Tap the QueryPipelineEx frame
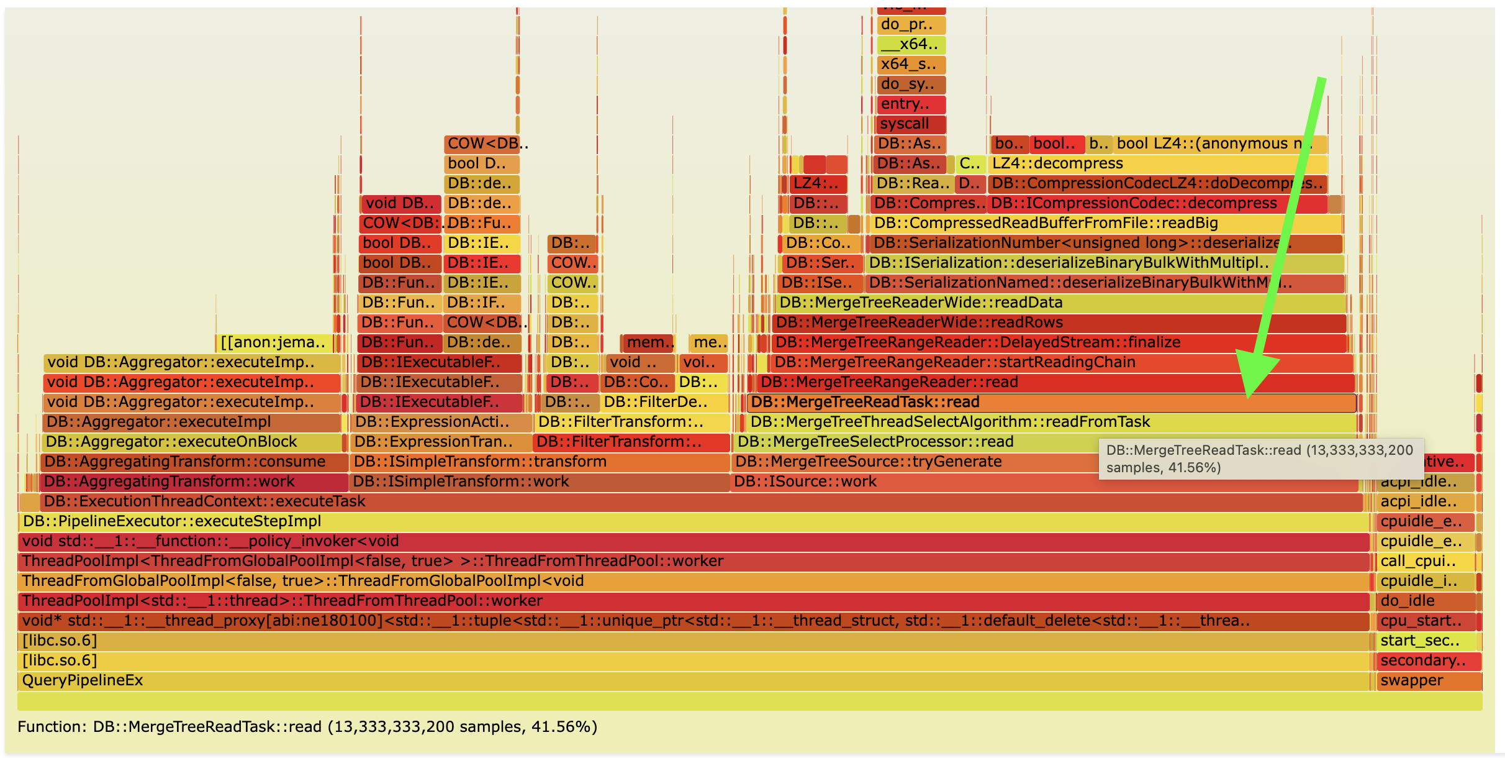[x=683, y=681]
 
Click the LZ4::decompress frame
[x=1155, y=164]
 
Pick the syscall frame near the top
[x=910, y=124]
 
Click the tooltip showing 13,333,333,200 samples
[x=1260, y=459]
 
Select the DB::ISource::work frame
[x=913, y=482]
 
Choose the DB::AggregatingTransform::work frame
[x=192, y=482]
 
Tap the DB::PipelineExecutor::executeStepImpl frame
[x=683, y=522]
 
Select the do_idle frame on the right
[x=1425, y=601]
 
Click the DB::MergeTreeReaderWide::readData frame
[x=1055, y=303]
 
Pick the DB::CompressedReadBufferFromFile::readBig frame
[x=1105, y=224]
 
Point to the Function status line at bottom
[x=307, y=727]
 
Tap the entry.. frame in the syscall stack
[x=910, y=104]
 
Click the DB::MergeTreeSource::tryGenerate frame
[x=913, y=462]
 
